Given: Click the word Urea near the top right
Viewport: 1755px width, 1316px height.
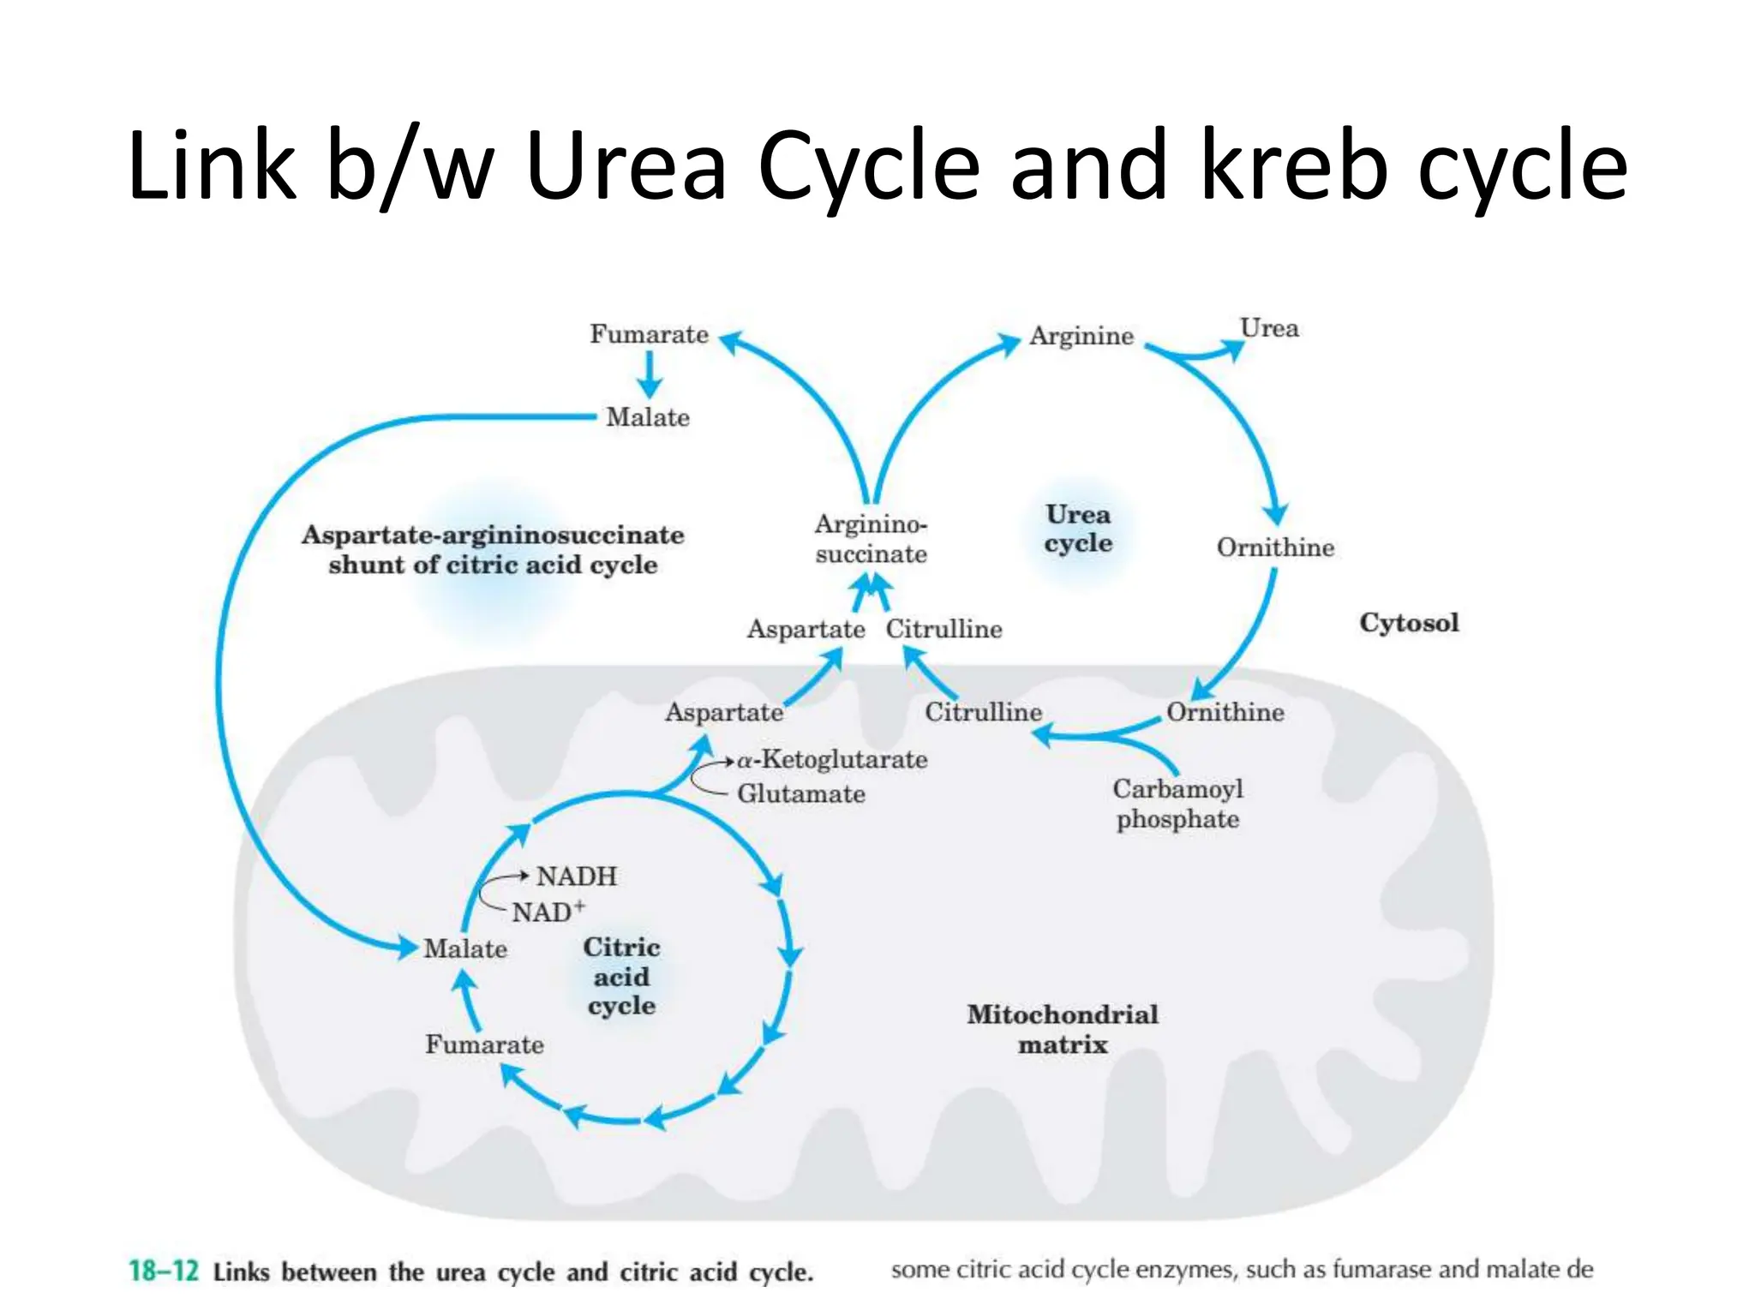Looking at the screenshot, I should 1269,328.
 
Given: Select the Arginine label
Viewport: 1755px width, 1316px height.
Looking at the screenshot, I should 1081,336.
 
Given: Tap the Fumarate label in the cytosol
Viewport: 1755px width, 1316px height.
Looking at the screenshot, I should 649,334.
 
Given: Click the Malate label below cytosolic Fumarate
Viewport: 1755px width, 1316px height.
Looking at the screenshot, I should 647,417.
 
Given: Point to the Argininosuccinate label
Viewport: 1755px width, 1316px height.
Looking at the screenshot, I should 871,539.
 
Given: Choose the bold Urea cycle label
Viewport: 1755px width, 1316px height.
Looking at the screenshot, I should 1077,529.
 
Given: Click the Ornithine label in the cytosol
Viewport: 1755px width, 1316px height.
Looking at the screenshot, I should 1275,547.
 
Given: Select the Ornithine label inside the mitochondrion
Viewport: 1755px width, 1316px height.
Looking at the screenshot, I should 1225,712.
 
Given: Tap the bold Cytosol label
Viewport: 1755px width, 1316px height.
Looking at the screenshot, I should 1408,623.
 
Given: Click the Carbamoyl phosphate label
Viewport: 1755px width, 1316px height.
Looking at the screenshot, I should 1177,804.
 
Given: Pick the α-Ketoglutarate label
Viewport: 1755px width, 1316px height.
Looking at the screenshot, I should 832,759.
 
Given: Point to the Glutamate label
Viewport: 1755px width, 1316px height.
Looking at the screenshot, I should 800,794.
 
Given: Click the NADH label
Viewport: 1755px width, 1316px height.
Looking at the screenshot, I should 576,876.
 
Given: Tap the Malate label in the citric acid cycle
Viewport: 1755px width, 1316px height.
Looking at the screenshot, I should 465,948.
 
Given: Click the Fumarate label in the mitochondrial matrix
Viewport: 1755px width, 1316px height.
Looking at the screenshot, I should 484,1044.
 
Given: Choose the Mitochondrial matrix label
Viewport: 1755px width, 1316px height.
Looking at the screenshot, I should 1062,1029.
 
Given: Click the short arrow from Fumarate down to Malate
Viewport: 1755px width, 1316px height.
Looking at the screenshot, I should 649,375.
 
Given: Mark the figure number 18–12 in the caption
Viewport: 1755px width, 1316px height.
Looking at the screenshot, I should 164,1270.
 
